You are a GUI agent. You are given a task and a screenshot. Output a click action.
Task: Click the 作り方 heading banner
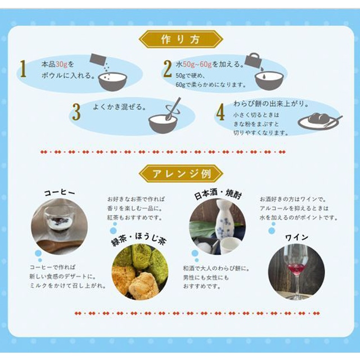click(x=181, y=39)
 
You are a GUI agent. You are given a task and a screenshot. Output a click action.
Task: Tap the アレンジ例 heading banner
click(x=181, y=174)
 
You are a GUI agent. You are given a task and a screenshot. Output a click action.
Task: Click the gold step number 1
click(x=22, y=69)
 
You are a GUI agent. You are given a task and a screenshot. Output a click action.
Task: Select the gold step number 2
click(x=168, y=69)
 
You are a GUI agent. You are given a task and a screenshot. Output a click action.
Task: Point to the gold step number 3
click(x=76, y=112)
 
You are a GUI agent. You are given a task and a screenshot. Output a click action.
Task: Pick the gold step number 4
click(x=220, y=112)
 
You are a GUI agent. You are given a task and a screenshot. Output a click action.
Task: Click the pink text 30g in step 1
click(x=61, y=64)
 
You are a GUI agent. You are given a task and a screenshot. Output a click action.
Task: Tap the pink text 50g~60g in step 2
click(x=197, y=64)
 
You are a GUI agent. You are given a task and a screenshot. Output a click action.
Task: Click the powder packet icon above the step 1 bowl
click(x=97, y=60)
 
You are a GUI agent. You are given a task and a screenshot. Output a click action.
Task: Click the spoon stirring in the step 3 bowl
click(x=174, y=109)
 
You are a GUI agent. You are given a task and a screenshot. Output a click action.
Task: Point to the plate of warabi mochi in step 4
click(x=319, y=121)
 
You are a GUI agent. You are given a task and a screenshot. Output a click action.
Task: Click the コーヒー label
click(x=60, y=192)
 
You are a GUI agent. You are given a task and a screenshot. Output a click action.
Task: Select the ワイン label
click(x=296, y=237)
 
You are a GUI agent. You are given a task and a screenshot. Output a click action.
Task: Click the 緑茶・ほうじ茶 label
click(x=139, y=240)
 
